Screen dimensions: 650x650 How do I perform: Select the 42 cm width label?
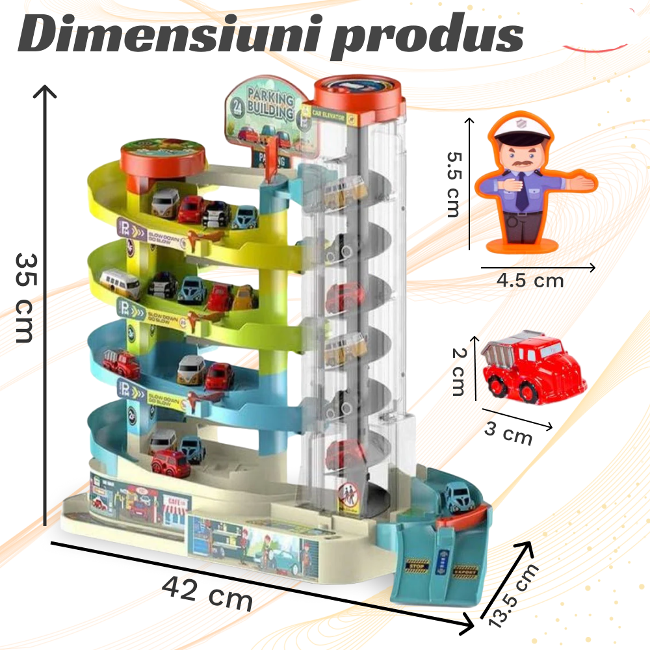click(207, 591)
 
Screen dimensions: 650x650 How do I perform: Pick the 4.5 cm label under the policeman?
click(530, 281)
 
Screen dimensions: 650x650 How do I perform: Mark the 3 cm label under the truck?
click(508, 433)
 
